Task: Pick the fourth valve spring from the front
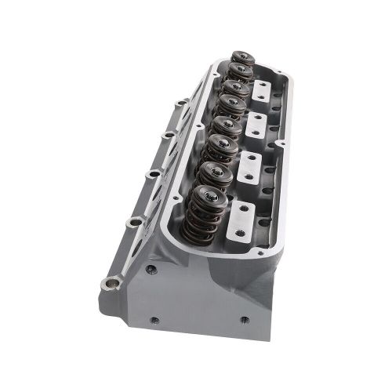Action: coord(226,125)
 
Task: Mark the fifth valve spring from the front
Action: coord(231,104)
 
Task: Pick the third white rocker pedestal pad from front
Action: coord(256,123)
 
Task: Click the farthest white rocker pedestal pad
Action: coord(262,89)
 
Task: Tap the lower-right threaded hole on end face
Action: coord(244,320)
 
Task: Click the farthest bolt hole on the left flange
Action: coord(182,102)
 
